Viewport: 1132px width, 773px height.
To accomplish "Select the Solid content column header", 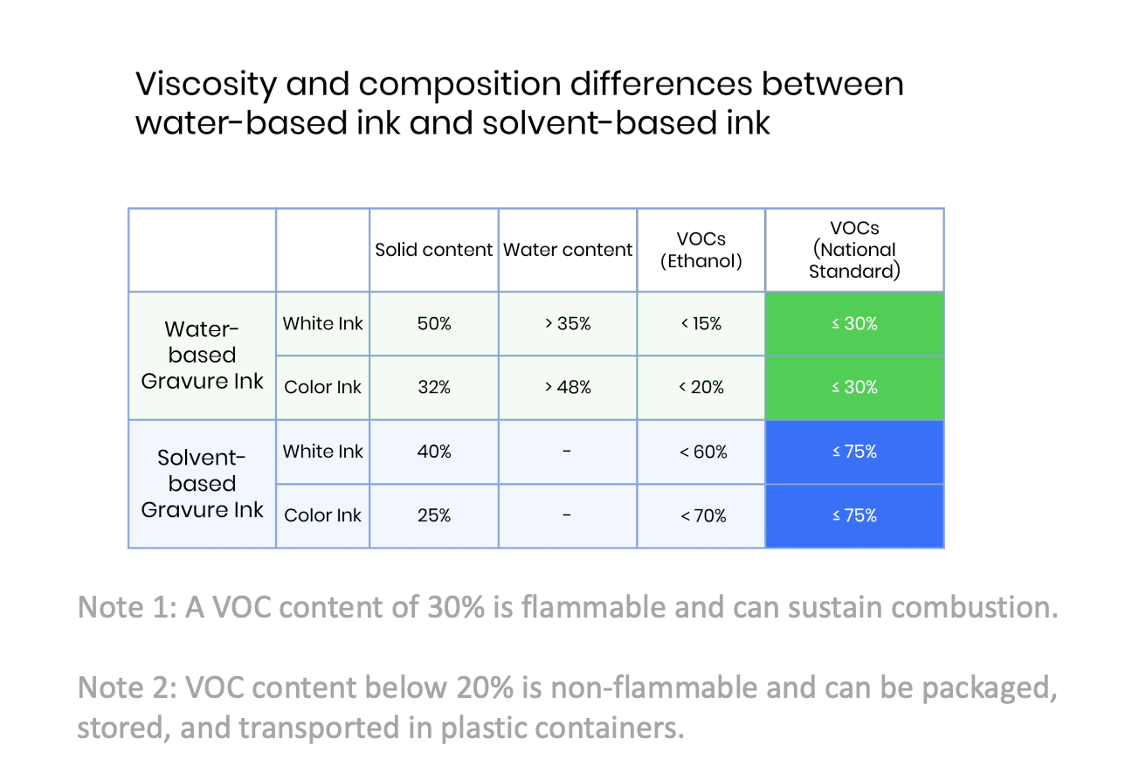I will (x=433, y=250).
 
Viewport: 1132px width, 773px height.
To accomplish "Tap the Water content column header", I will (x=568, y=250).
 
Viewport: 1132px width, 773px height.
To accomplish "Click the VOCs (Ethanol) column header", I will (x=701, y=250).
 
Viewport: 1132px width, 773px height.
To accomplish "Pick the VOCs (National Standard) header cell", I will (x=854, y=250).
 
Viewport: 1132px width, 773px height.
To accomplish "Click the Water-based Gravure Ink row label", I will (x=202, y=355).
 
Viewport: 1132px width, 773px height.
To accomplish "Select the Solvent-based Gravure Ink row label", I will (x=202, y=484).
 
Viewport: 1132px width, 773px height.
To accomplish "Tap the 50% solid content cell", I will (x=433, y=324).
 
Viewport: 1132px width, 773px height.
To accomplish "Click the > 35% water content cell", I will (x=568, y=324).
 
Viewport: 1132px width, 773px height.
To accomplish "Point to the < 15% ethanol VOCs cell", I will (x=701, y=324).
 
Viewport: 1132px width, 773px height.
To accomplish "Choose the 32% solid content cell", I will (x=433, y=388).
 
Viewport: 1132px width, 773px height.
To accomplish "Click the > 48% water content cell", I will (x=568, y=388).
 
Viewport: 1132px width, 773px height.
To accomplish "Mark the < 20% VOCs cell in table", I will (x=701, y=388).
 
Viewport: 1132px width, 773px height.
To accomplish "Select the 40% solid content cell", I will (x=433, y=452).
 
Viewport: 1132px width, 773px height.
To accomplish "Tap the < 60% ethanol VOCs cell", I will (x=701, y=452).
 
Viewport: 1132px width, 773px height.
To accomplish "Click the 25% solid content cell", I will (x=433, y=516).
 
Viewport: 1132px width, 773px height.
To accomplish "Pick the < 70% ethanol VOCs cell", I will (x=701, y=516).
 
